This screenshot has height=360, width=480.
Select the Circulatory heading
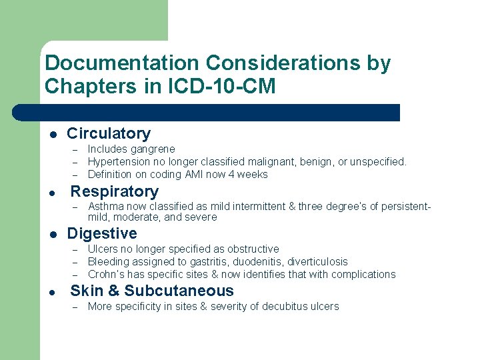pyautogui.click(x=109, y=134)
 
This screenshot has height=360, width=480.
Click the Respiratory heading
pyautogui.click(x=115, y=192)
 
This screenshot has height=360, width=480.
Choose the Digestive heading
pyautogui.click(x=102, y=234)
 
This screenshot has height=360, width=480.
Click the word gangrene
pyautogui.click(x=153, y=149)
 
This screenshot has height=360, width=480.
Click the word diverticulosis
pyautogui.click(x=314, y=262)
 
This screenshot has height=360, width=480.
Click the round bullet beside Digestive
pyautogui.click(x=53, y=235)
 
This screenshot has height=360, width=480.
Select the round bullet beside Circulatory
pyautogui.click(x=53, y=135)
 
